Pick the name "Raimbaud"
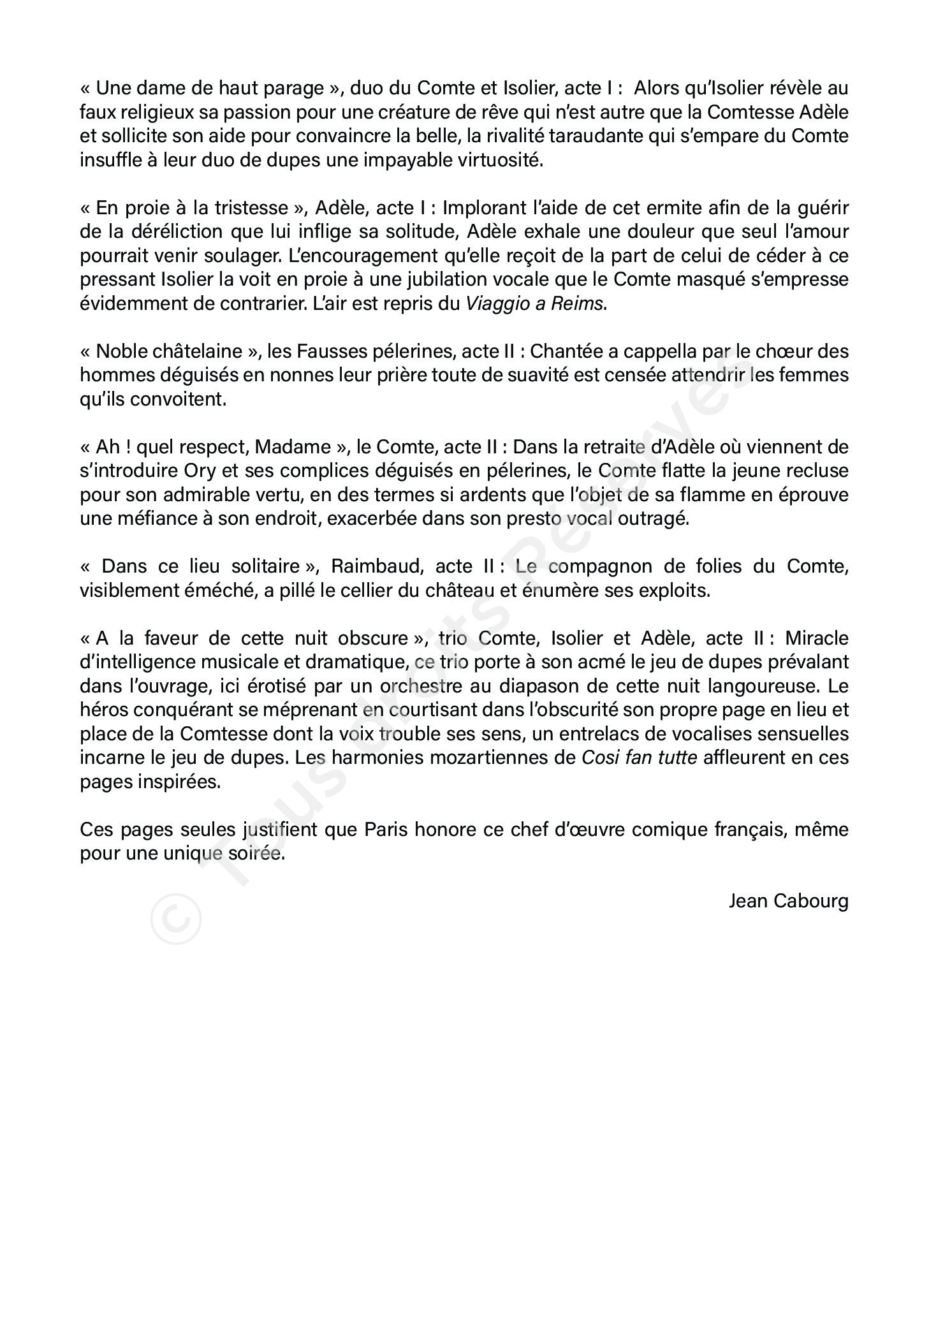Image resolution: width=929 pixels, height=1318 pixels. (x=375, y=566)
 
